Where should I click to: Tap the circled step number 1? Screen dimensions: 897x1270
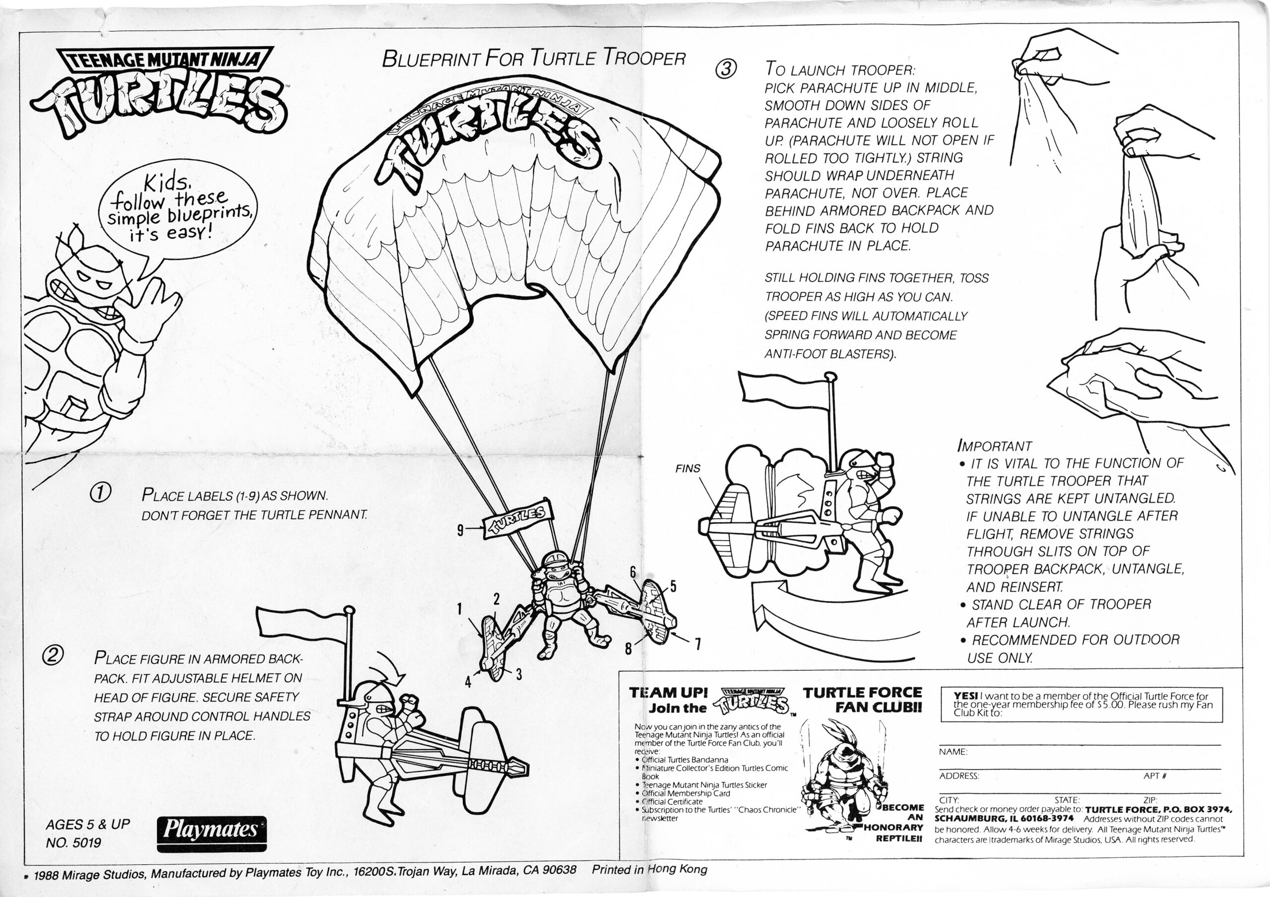coord(102,492)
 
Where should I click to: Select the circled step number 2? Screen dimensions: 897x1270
coord(53,655)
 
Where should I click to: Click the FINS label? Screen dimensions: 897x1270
coord(688,468)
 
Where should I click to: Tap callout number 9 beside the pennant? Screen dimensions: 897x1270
coord(460,530)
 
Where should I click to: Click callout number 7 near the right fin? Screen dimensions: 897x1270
coord(698,643)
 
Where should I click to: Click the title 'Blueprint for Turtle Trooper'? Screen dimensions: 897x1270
coord(533,58)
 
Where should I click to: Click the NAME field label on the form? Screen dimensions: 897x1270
coord(952,752)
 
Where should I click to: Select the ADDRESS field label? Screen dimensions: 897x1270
coord(958,776)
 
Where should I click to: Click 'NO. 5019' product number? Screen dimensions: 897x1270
coord(73,843)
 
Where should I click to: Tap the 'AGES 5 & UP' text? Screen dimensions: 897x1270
coord(87,824)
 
